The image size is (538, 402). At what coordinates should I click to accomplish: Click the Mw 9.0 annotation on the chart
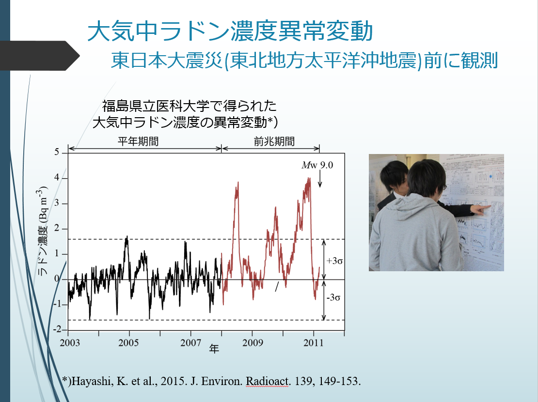click(x=317, y=165)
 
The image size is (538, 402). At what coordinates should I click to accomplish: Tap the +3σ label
click(x=334, y=261)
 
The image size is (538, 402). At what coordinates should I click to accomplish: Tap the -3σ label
click(x=333, y=297)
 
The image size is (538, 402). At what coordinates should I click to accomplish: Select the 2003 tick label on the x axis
click(x=70, y=342)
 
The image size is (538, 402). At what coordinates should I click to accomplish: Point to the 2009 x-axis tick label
click(x=253, y=342)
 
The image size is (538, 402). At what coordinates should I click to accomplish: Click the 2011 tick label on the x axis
click(x=314, y=342)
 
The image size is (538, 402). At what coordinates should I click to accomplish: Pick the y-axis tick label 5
click(x=57, y=152)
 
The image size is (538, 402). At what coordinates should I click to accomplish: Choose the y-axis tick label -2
click(x=57, y=329)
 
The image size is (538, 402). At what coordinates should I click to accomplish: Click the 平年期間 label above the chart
click(x=138, y=141)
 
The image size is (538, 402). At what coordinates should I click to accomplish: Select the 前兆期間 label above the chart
click(x=274, y=141)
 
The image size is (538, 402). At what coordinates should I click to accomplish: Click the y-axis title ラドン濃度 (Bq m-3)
click(x=42, y=231)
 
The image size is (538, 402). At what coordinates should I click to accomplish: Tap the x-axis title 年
click(x=214, y=349)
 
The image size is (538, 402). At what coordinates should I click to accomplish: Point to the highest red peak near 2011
click(x=309, y=178)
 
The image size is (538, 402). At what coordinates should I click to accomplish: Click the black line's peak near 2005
click(x=127, y=237)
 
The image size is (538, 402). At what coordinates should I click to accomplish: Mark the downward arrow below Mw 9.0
click(x=320, y=179)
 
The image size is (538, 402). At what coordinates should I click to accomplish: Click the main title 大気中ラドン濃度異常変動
click(x=230, y=31)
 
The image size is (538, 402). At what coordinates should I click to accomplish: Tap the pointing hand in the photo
click(x=481, y=209)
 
